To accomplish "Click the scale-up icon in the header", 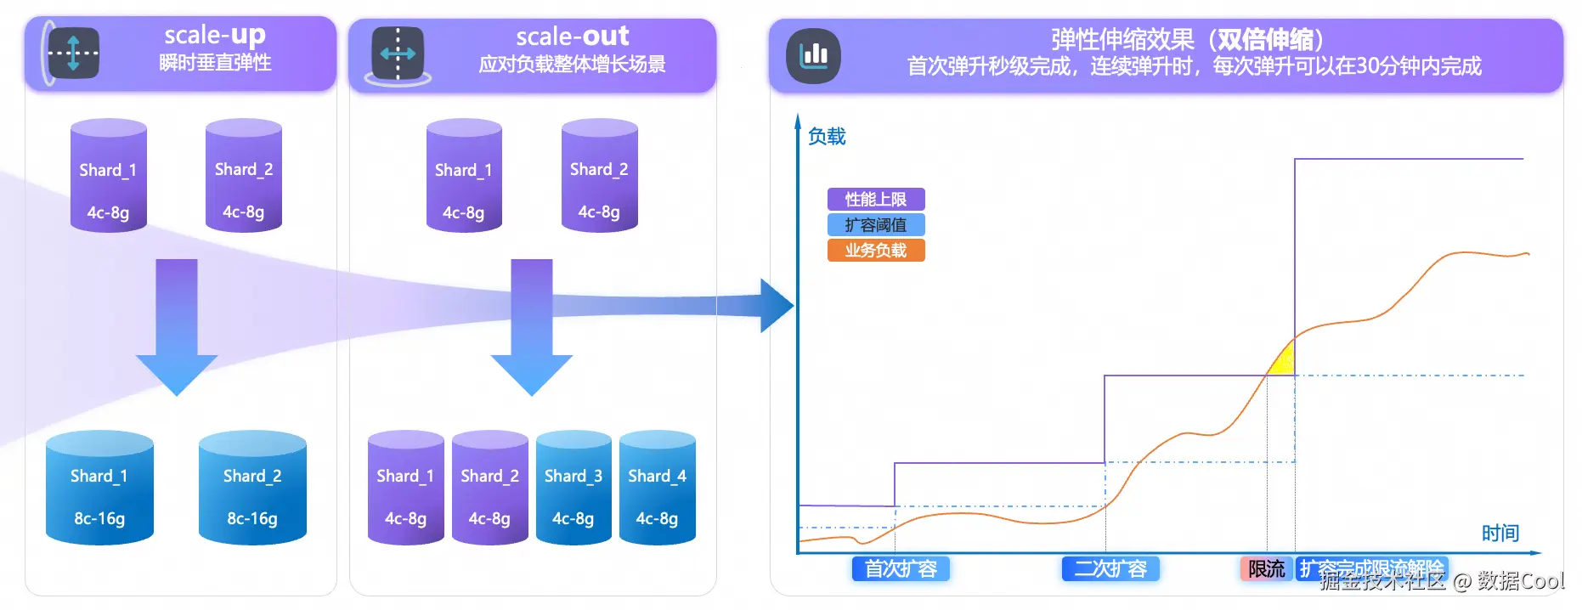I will pos(73,53).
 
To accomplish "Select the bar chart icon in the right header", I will pos(813,56).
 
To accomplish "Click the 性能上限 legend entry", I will pos(875,200).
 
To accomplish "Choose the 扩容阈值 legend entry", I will pos(875,225).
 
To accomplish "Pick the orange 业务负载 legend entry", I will pos(875,251).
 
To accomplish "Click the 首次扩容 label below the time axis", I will pos(900,568).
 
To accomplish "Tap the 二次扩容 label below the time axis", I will pos(1110,568).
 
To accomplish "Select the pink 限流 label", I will pos(1266,568).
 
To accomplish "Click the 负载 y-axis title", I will pos(826,137).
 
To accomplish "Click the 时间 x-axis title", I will pos(1500,534).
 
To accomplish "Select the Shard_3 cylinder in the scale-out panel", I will pos(573,489).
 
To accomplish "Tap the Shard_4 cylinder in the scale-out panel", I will pos(657,489).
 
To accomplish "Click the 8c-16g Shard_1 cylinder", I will pos(99,489).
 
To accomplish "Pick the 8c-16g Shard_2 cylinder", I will pos(252,489).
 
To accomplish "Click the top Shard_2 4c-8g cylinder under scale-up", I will pos(244,176).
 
